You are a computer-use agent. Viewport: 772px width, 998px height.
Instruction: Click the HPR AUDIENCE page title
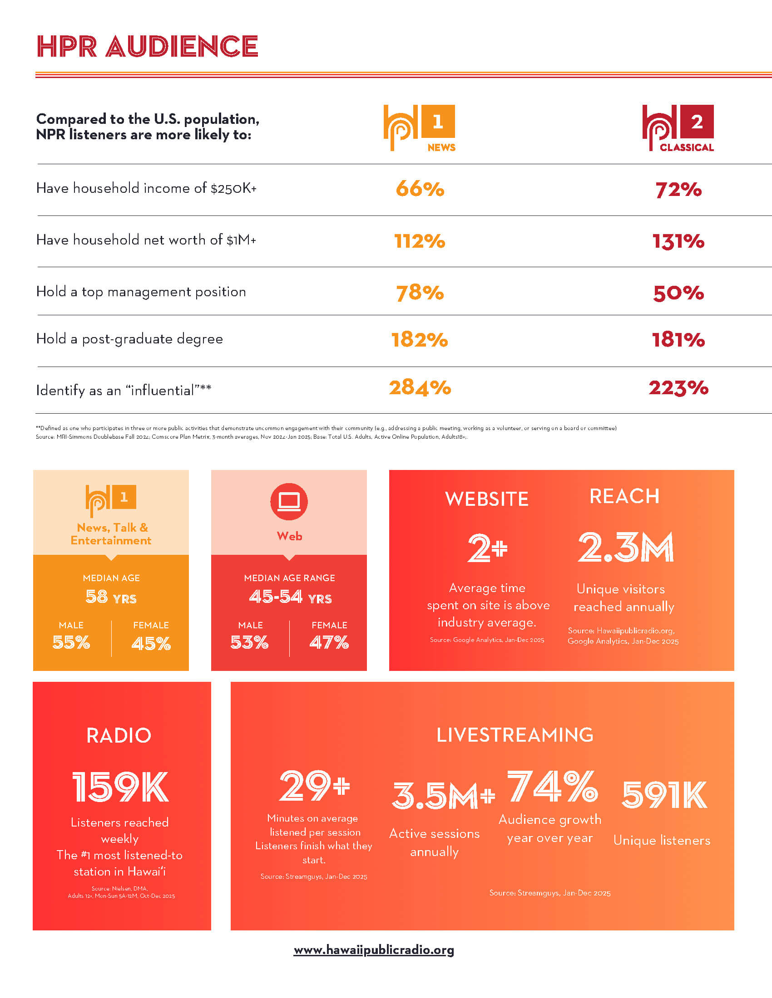(x=147, y=46)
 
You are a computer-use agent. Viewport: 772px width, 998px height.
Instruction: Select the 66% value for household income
(x=420, y=189)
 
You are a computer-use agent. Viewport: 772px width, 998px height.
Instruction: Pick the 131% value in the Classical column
(x=678, y=241)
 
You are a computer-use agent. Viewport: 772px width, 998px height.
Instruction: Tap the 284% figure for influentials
(x=420, y=387)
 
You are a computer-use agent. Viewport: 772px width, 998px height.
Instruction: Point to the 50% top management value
(x=678, y=293)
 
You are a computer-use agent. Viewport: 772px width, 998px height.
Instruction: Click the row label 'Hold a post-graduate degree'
(x=129, y=338)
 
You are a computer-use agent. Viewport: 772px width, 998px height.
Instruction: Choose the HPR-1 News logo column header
(x=420, y=128)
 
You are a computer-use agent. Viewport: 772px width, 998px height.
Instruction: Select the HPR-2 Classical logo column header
(x=678, y=128)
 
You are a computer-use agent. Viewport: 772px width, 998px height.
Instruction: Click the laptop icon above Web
(x=289, y=501)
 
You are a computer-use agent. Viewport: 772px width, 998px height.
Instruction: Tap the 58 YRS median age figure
(x=111, y=597)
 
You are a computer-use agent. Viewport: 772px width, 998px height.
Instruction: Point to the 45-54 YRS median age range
(x=291, y=597)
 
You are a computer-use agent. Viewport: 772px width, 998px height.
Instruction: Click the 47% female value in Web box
(x=329, y=643)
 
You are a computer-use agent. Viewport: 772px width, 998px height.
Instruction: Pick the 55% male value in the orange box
(x=71, y=643)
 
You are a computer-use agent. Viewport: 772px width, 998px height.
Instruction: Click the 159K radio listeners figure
(x=120, y=787)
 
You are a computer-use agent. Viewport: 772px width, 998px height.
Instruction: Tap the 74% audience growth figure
(x=553, y=786)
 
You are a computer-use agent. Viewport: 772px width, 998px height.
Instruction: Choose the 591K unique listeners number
(x=664, y=795)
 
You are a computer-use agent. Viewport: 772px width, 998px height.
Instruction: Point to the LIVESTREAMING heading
(x=515, y=735)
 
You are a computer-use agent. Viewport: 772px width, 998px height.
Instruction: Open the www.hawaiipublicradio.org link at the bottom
(x=374, y=950)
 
